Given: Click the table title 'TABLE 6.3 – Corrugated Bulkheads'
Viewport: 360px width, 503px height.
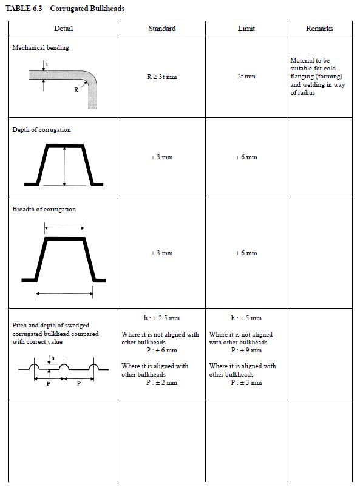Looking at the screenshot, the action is (x=65, y=9).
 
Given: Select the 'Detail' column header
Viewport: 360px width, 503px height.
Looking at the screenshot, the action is (x=63, y=29).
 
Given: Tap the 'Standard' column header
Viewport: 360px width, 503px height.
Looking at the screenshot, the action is (x=162, y=29).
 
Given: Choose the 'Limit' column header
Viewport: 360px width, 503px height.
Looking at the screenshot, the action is (x=246, y=29).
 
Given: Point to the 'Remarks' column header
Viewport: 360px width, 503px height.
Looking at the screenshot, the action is (x=319, y=29).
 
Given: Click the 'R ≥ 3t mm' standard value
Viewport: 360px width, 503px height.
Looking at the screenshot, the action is (x=161, y=77).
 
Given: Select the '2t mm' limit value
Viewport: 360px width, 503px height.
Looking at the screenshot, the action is (x=246, y=77).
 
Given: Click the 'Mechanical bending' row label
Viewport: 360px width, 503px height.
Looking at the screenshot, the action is (x=41, y=48).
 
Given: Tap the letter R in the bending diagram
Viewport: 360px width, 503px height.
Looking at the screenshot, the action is (x=76, y=90).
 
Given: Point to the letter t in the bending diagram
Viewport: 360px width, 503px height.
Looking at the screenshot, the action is (x=47, y=64).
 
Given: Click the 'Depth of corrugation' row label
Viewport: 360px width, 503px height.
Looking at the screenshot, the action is (x=41, y=129).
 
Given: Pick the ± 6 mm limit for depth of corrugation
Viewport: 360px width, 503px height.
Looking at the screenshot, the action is (x=246, y=157).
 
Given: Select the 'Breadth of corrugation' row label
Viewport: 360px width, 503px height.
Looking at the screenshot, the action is (x=44, y=210).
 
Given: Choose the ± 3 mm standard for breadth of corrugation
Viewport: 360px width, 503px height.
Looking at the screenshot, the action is (x=161, y=253).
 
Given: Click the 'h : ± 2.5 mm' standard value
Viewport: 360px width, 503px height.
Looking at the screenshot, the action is (x=161, y=318).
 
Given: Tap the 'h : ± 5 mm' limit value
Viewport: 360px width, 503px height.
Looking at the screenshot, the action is (x=246, y=318).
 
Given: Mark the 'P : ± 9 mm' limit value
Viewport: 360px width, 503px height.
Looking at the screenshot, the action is (x=246, y=351).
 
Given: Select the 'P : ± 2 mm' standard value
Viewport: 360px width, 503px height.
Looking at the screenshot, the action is (x=161, y=383).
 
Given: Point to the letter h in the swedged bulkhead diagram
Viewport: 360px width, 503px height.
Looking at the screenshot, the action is (x=53, y=358).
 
